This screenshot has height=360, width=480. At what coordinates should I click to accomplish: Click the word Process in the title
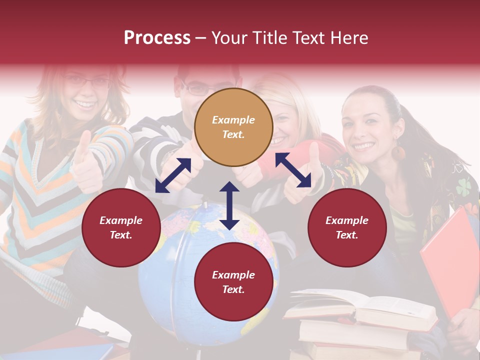coord(157,38)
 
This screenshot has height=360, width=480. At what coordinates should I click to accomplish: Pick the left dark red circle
coord(121,227)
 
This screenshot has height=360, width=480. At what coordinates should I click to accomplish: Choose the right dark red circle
coord(347,227)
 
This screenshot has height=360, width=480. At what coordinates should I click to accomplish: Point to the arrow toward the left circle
coord(173,175)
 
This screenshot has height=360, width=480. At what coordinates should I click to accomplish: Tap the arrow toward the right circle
coord(293,170)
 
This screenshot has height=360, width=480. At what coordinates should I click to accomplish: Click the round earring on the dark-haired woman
coord(398,152)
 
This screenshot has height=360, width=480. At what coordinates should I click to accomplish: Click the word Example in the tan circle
coord(233,120)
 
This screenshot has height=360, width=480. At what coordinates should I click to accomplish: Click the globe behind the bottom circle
coord(165,260)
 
